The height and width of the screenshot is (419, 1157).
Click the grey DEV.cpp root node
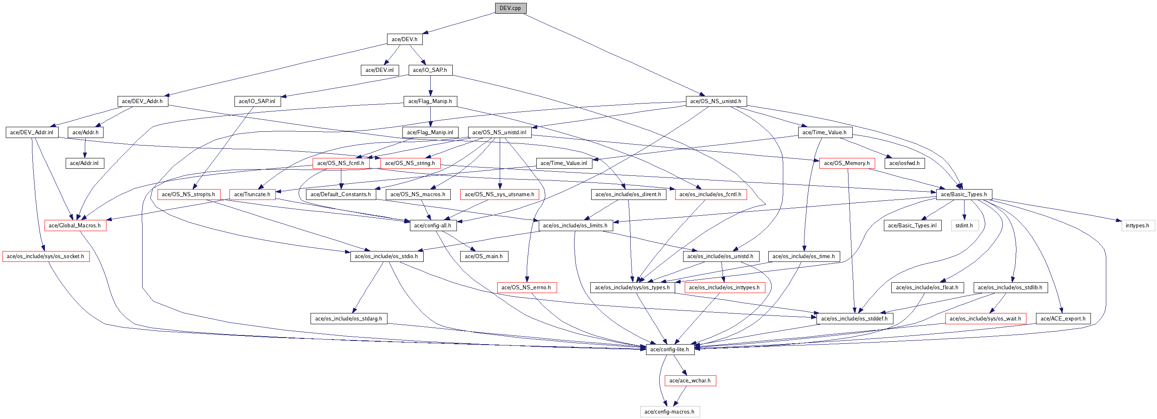click(510, 8)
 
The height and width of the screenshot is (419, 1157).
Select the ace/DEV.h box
click(404, 39)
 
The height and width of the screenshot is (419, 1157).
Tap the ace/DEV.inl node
click(380, 70)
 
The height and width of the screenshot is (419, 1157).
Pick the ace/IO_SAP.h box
click(430, 70)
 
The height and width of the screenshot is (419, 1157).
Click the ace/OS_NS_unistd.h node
click(715, 101)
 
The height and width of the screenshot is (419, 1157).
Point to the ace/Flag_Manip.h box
click(430, 101)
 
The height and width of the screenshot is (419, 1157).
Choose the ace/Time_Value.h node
click(824, 132)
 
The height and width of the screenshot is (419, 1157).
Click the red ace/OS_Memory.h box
click(846, 163)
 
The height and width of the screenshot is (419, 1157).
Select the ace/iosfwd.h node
click(904, 163)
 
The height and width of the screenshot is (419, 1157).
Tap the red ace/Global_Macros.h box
click(74, 225)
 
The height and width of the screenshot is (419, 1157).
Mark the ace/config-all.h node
click(432, 225)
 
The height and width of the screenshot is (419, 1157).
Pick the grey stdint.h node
click(964, 225)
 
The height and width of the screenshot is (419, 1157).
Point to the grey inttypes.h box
click(1137, 225)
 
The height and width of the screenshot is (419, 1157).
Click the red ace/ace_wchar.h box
click(690, 380)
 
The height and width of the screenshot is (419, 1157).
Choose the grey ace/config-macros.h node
click(669, 412)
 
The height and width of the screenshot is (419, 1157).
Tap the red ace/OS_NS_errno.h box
click(526, 287)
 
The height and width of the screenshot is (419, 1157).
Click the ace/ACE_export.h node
click(1063, 318)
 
